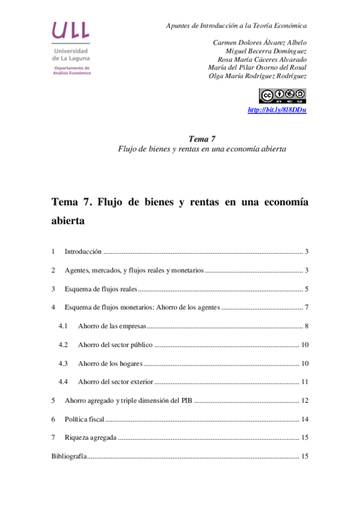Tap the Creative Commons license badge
(282, 95)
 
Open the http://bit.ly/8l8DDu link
(277, 110)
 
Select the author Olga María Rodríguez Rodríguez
(257, 76)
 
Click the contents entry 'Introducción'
(82, 251)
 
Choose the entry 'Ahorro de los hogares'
(109, 364)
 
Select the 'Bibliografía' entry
(69, 456)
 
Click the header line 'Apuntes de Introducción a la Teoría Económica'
(236, 26)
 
